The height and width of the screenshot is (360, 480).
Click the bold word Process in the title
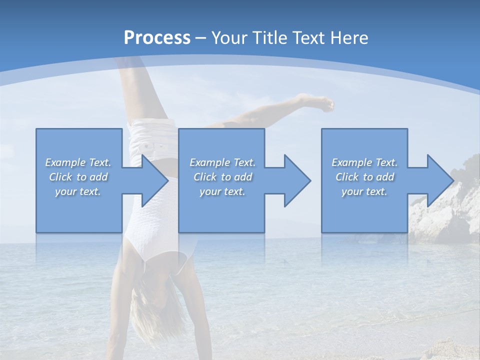point(157,37)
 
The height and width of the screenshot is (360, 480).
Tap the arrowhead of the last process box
point(440,180)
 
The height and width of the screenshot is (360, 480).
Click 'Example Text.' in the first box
point(78,162)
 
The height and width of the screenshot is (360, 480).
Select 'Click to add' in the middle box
point(222,177)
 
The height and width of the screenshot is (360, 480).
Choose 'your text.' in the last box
point(364,191)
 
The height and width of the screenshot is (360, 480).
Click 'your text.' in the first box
point(78,191)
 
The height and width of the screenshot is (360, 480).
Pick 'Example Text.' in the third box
point(364,162)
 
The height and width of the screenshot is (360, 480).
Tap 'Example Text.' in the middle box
point(222,162)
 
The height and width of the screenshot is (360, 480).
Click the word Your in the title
point(227,37)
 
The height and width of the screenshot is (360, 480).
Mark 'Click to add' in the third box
point(364,177)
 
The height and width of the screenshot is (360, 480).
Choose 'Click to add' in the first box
point(78,177)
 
